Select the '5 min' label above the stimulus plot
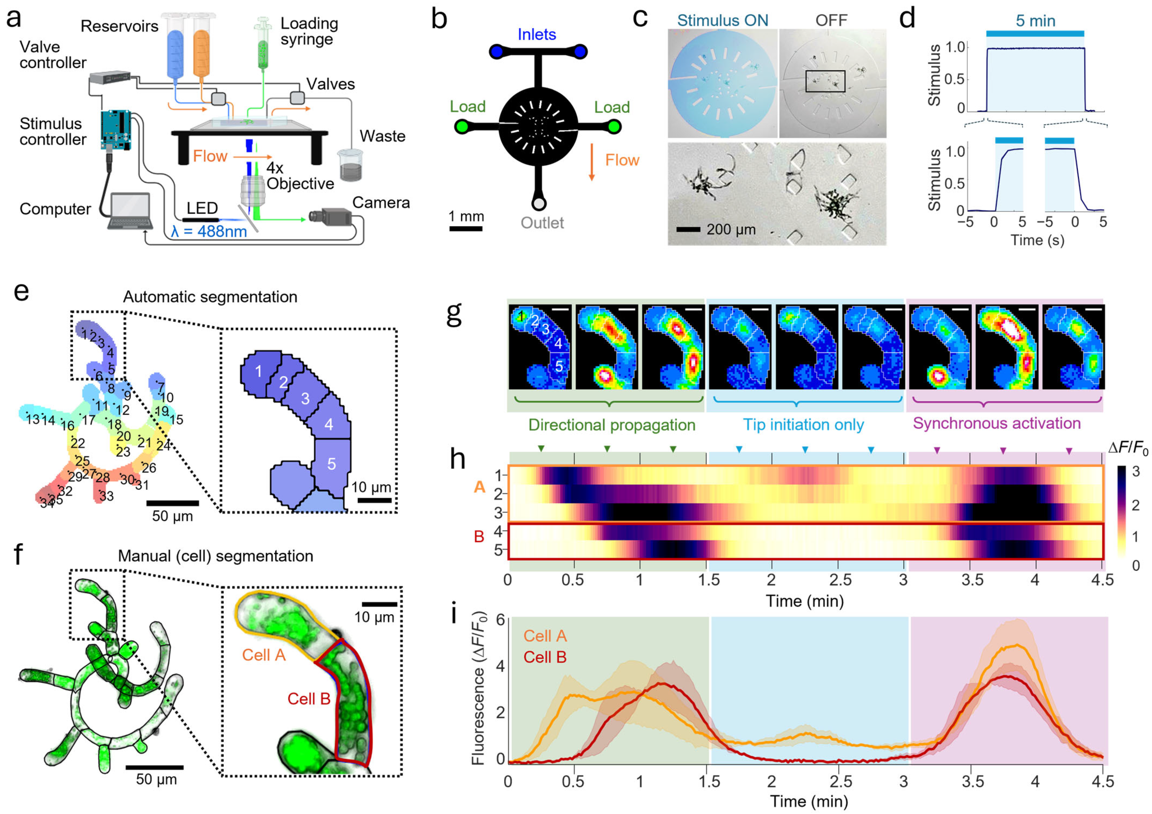(1035, 21)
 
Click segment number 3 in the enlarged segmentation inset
(305, 398)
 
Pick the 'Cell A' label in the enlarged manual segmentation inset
(263, 655)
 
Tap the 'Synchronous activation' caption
(996, 423)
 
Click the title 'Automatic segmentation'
(210, 297)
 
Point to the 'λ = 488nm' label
(209, 231)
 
